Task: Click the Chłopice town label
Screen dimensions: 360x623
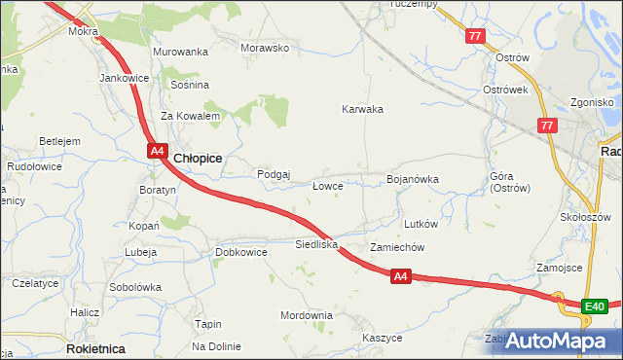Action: click(x=198, y=158)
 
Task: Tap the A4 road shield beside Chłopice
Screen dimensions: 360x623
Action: click(x=157, y=150)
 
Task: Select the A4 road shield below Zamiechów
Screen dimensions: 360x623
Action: click(x=401, y=277)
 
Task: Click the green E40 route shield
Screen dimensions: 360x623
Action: click(x=595, y=307)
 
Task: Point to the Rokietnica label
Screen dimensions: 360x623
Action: click(x=94, y=347)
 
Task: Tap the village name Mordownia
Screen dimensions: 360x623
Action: click(x=307, y=315)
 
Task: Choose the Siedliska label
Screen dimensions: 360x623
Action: click(x=316, y=244)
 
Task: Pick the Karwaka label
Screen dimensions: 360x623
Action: click(x=362, y=109)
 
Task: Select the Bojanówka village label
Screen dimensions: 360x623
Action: click(x=414, y=179)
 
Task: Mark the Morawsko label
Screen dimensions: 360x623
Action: click(x=266, y=48)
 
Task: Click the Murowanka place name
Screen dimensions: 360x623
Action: click(x=181, y=52)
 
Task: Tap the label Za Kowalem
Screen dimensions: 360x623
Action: click(x=190, y=116)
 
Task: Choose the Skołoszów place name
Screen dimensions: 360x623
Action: click(x=585, y=216)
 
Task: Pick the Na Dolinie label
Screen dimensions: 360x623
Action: click(x=216, y=346)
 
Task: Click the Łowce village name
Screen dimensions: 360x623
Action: click(x=326, y=185)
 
